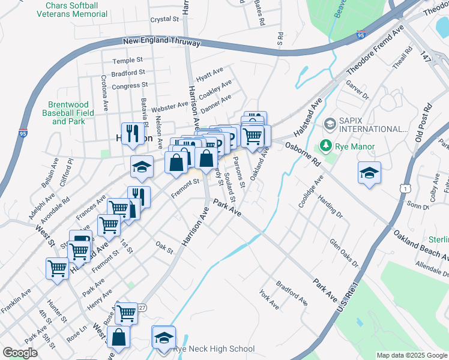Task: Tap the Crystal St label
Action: pyautogui.click(x=165, y=19)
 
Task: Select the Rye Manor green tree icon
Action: pyautogui.click(x=325, y=146)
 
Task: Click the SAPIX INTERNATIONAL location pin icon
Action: pyautogui.click(x=330, y=125)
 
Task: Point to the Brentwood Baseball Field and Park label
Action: pyautogui.click(x=68, y=113)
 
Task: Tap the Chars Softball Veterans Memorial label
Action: pyautogui.click(x=76, y=9)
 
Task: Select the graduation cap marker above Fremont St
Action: pyautogui.click(x=142, y=168)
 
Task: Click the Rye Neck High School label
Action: pyautogui.click(x=214, y=349)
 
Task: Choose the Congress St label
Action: pyautogui.click(x=125, y=86)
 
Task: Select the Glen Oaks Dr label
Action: pyautogui.click(x=343, y=253)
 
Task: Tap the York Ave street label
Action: pyautogui.click(x=270, y=301)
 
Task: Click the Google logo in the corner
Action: pyautogui.click(x=20, y=353)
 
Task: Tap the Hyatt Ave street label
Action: pyautogui.click(x=209, y=75)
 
